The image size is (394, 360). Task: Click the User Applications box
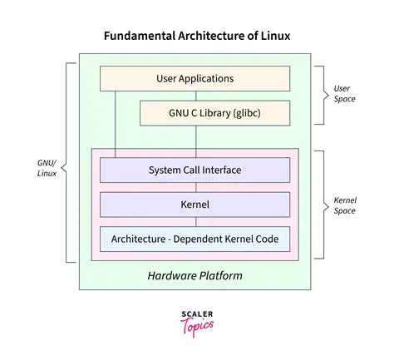tap(195, 79)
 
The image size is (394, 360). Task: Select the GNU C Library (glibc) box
tap(214, 112)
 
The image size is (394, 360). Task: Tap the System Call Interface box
tap(195, 170)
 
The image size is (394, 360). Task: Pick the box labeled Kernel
tap(195, 204)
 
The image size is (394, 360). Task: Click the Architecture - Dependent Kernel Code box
tap(195, 239)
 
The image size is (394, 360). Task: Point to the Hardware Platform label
tap(195, 274)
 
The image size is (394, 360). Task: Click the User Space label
tap(344, 93)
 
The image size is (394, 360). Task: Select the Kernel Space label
tap(345, 204)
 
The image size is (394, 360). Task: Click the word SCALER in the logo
tap(196, 313)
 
